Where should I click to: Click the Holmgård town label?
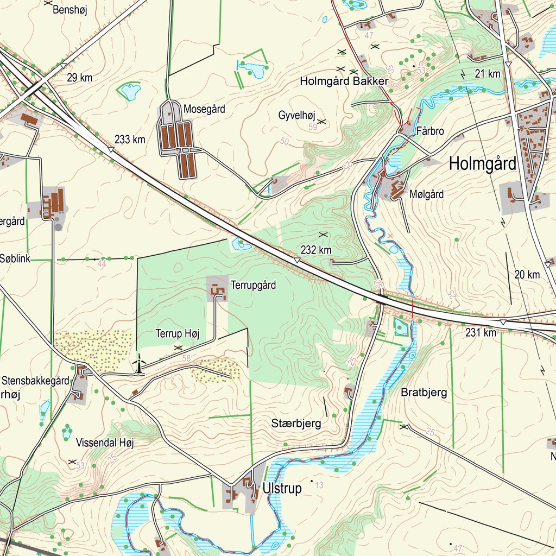[482, 163]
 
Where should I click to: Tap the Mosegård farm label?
[204, 109]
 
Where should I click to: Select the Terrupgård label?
[253, 285]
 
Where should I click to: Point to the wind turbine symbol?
[139, 364]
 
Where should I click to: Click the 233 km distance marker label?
[130, 140]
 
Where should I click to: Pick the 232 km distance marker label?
[316, 250]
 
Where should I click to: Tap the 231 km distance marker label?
[481, 332]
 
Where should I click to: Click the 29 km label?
[79, 78]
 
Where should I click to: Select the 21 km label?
[487, 74]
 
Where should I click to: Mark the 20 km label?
[527, 275]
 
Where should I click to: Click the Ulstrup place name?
[282, 488]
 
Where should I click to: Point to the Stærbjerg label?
[296, 423]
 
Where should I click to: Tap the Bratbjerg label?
[424, 393]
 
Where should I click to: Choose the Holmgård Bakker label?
[344, 81]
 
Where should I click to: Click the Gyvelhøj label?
[296, 115]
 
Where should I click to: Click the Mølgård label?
[427, 194]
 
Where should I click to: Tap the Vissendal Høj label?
[105, 443]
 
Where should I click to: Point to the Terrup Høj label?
[177, 334]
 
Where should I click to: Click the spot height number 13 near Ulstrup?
[319, 485]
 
